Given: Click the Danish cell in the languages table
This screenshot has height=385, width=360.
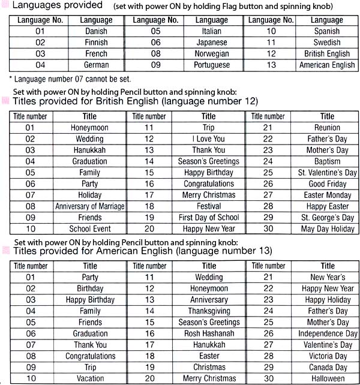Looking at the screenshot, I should tap(96, 31).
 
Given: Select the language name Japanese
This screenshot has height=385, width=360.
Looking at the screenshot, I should tap(211, 43).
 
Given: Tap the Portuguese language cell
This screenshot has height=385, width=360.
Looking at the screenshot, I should tap(211, 65).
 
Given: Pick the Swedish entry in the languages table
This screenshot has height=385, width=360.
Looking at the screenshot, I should tap(327, 43).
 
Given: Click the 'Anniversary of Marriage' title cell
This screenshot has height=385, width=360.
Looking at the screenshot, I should tap(89, 206).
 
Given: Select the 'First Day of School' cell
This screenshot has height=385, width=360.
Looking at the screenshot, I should tap(208, 218).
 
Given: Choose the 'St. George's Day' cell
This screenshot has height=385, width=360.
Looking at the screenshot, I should tap(327, 218).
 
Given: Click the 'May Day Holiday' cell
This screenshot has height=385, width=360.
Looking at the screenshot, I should tap(327, 228).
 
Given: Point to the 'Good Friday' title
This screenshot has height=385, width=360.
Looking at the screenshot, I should tap(327, 184).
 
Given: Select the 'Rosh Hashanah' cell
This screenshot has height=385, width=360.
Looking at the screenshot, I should tap(209, 333).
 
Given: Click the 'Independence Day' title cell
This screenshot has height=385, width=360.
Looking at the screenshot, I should tap(327, 333).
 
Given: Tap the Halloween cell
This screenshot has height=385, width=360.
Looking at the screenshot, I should tap(327, 378).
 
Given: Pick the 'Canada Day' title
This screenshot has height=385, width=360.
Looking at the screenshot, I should tap(327, 367).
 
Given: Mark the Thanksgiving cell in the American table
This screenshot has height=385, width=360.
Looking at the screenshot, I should tap(209, 311).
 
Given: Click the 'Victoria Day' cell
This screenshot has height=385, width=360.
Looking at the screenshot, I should tap(327, 356).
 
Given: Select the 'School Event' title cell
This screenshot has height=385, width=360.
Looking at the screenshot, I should tap(89, 228).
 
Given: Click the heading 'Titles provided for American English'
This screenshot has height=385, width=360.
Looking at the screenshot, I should tap(142, 250).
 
